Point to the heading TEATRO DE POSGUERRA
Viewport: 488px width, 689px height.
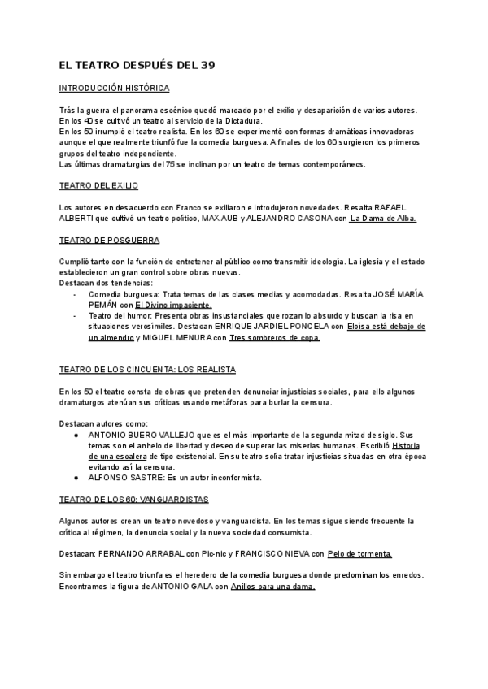tap(110, 240)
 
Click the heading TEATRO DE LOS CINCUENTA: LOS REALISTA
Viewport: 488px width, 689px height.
tap(148, 369)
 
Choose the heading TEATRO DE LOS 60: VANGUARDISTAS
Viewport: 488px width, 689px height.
tap(135, 498)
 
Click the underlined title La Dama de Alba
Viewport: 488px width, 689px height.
tap(382, 219)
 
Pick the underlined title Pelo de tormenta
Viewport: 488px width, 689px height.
tap(360, 553)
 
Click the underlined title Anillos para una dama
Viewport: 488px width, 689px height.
tap(272, 586)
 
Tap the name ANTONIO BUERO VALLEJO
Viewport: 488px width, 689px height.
tap(146, 435)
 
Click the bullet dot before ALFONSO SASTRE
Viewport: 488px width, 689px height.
tap(76, 478)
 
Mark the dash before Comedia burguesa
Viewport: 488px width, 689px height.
tap(74, 292)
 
